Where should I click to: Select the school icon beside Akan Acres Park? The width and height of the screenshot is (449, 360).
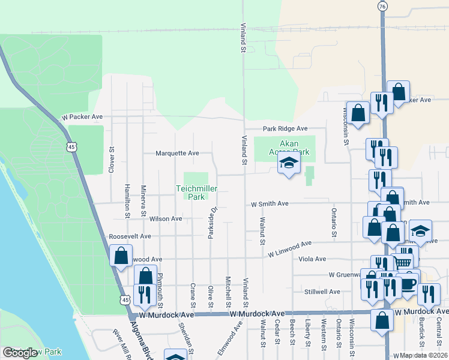tap(288, 163)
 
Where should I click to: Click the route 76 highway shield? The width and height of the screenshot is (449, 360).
tap(382, 6)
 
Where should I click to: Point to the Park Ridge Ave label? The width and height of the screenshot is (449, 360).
tap(285, 128)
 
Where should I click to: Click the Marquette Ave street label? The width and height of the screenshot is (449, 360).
tap(177, 153)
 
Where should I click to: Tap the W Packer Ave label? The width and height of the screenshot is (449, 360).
tap(82, 117)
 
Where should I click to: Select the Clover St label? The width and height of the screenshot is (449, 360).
tap(112, 160)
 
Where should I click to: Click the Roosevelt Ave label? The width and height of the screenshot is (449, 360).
tap(130, 236)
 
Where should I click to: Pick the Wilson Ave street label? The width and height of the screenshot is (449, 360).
tap(166, 219)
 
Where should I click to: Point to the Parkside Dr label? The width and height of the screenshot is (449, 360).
tap(211, 223)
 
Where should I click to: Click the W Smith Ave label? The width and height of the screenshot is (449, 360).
tap(270, 204)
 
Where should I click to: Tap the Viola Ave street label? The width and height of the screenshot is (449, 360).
tap(312, 259)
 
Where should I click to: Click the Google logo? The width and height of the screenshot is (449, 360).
tap(20, 353)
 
